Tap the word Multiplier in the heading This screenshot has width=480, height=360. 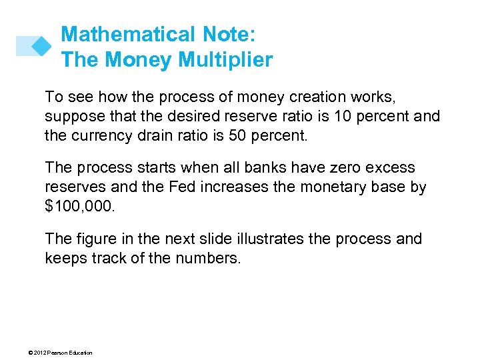click(x=225, y=60)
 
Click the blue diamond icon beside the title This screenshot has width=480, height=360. click(x=41, y=45)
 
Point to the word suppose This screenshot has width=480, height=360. click(x=75, y=117)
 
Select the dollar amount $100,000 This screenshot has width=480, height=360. click(x=80, y=207)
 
